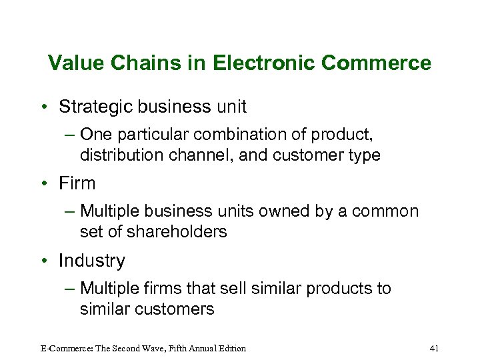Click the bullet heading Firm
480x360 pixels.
click(77, 183)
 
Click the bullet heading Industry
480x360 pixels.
click(91, 261)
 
